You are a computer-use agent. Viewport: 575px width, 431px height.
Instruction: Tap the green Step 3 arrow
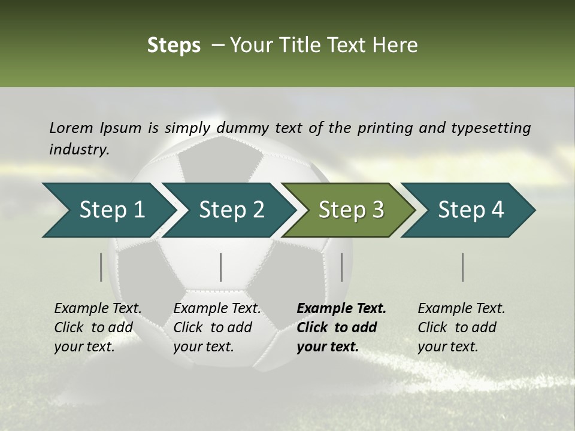click(x=351, y=210)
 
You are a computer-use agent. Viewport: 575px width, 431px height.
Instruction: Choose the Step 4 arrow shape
click(x=471, y=210)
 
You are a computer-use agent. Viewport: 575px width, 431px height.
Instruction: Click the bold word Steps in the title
click(x=174, y=45)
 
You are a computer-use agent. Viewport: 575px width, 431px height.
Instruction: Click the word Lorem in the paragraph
click(x=71, y=128)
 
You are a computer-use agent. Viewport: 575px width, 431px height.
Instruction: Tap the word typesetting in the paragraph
click(x=491, y=128)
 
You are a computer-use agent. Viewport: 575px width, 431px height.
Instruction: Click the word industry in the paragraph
click(x=78, y=149)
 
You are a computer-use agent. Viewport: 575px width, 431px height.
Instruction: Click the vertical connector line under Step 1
click(x=101, y=267)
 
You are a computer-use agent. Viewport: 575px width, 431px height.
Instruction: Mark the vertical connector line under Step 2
click(x=221, y=267)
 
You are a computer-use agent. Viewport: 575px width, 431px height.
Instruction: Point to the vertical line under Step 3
click(x=342, y=267)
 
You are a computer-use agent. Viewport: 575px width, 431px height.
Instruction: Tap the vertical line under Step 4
click(x=463, y=267)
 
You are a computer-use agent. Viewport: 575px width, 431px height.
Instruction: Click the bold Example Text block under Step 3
click(x=341, y=327)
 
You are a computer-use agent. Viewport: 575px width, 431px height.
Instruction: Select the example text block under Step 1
click(x=98, y=327)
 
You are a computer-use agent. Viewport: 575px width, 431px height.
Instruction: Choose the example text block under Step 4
click(x=461, y=327)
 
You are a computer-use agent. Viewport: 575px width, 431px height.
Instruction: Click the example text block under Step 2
click(x=217, y=327)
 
